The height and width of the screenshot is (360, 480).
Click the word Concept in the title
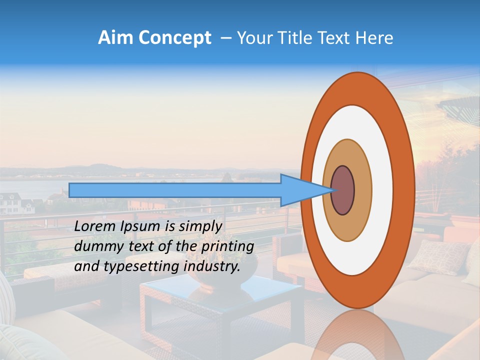coord(174,38)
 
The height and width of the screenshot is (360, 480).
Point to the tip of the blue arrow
coord(334,190)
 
